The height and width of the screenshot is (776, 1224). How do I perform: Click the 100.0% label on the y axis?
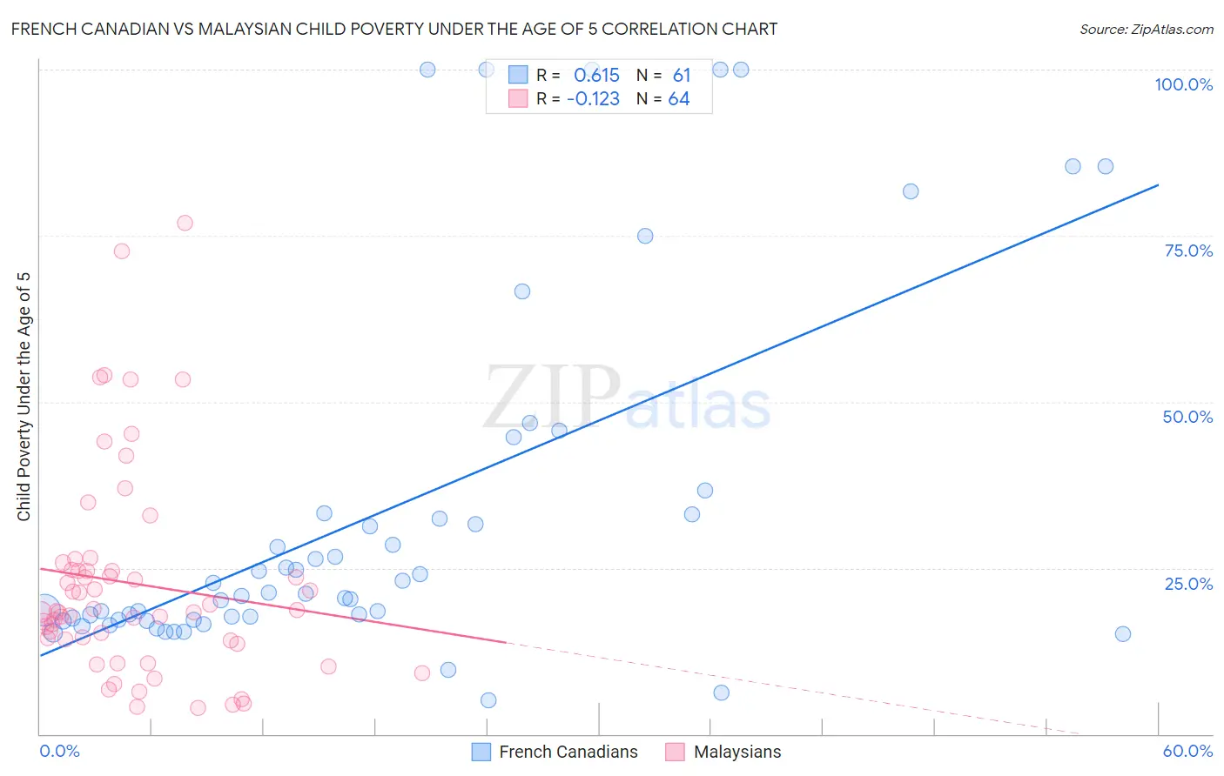click(x=1183, y=84)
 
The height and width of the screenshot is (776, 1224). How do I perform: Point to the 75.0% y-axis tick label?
click(x=1188, y=251)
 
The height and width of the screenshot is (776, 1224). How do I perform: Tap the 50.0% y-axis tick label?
click(x=1187, y=417)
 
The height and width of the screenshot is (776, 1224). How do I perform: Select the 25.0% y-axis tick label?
click(x=1188, y=584)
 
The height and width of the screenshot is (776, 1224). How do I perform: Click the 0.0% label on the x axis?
click(x=59, y=751)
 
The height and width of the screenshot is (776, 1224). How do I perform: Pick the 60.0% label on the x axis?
click(x=1187, y=751)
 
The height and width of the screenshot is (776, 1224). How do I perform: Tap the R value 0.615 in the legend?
click(x=596, y=76)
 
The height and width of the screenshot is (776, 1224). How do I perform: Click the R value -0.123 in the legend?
click(x=593, y=99)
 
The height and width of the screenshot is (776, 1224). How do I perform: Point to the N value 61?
click(x=681, y=76)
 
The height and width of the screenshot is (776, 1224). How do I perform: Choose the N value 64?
click(x=679, y=99)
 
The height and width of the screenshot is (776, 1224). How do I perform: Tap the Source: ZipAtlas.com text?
click(x=1146, y=29)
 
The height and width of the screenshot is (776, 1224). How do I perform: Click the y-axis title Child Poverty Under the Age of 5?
click(x=24, y=396)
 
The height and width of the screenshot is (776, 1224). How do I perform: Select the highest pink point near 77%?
click(x=185, y=223)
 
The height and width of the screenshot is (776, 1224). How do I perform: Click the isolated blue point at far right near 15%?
click(x=1123, y=633)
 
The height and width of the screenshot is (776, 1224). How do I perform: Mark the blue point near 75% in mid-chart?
click(x=645, y=236)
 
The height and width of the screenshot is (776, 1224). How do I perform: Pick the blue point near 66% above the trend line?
click(x=522, y=291)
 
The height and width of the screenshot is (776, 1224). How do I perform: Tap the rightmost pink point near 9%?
click(x=422, y=672)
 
